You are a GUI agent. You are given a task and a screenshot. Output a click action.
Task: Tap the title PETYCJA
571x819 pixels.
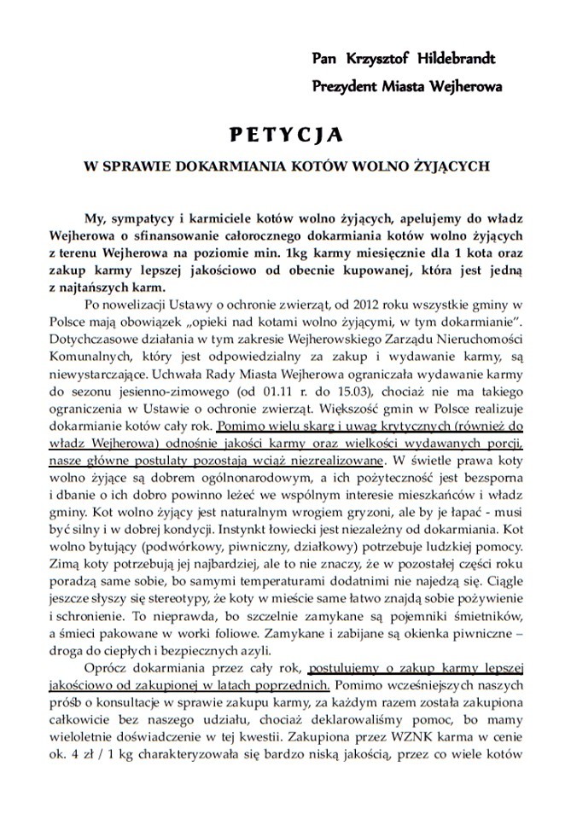[x=286, y=134]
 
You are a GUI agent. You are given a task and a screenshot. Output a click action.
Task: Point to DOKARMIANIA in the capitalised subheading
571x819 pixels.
[x=225, y=166]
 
